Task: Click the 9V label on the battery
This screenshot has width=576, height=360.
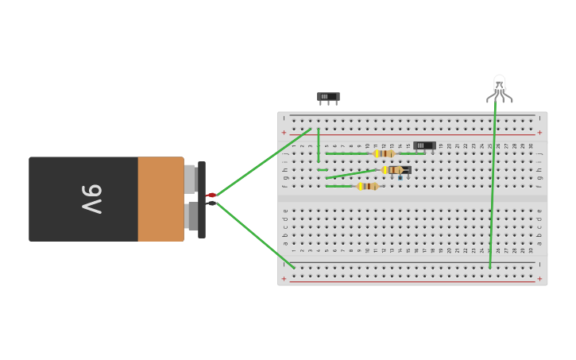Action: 91,199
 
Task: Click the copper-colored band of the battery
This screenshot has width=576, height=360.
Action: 160,199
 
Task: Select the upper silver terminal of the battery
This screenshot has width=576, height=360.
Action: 191,179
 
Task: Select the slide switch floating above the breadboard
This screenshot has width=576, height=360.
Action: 328,97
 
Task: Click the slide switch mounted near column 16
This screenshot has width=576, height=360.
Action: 424,145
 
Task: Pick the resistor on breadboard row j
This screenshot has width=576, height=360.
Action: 385,153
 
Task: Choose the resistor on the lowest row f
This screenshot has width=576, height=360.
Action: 368,186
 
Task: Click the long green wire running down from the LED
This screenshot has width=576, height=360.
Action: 493,183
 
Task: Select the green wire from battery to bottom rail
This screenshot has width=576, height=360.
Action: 254,234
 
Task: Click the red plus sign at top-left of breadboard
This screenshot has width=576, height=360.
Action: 284,133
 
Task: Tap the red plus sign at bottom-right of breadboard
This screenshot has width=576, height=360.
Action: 539,279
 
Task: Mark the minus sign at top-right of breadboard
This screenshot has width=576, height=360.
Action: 539,118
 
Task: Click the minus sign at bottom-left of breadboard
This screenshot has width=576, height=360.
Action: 284,265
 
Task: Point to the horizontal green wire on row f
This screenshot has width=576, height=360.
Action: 339,186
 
